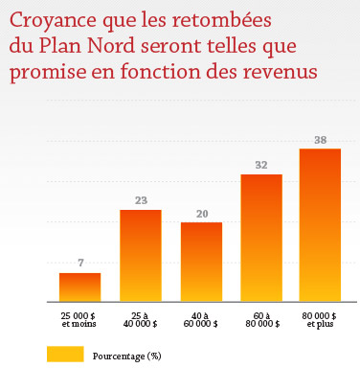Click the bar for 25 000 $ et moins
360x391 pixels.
(x=79, y=287)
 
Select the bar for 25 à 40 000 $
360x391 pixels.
(x=140, y=255)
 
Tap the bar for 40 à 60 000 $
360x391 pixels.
(x=201, y=262)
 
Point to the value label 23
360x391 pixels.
(x=140, y=200)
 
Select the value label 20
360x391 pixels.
(x=201, y=214)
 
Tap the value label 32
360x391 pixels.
(x=260, y=165)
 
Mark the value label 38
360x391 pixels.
(x=320, y=140)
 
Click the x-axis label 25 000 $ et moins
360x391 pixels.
(x=79, y=318)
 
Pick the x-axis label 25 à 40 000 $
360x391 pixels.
(x=140, y=318)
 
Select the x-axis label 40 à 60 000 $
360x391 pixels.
(x=201, y=318)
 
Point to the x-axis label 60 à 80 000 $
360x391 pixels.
(x=260, y=318)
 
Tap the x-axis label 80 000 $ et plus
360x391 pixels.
(x=320, y=318)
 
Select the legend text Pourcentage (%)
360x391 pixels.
(x=127, y=356)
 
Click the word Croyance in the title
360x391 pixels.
(x=53, y=20)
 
